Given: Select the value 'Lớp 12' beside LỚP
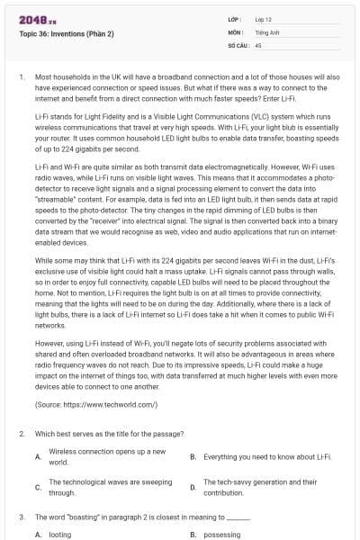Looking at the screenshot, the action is [x=264, y=19].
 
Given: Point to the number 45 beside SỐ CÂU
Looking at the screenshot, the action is [x=258, y=43].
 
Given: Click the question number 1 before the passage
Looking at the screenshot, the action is [x=21, y=77].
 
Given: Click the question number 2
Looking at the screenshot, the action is [x=21, y=434].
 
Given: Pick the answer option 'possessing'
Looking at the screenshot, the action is [x=221, y=534].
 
